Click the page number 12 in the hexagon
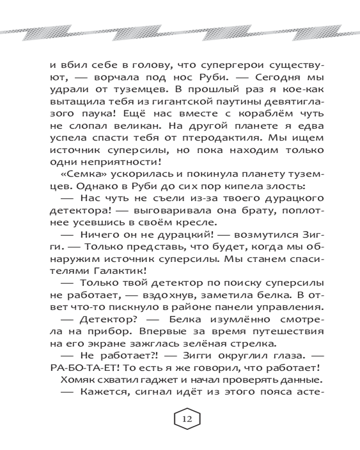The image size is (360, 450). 187,419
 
